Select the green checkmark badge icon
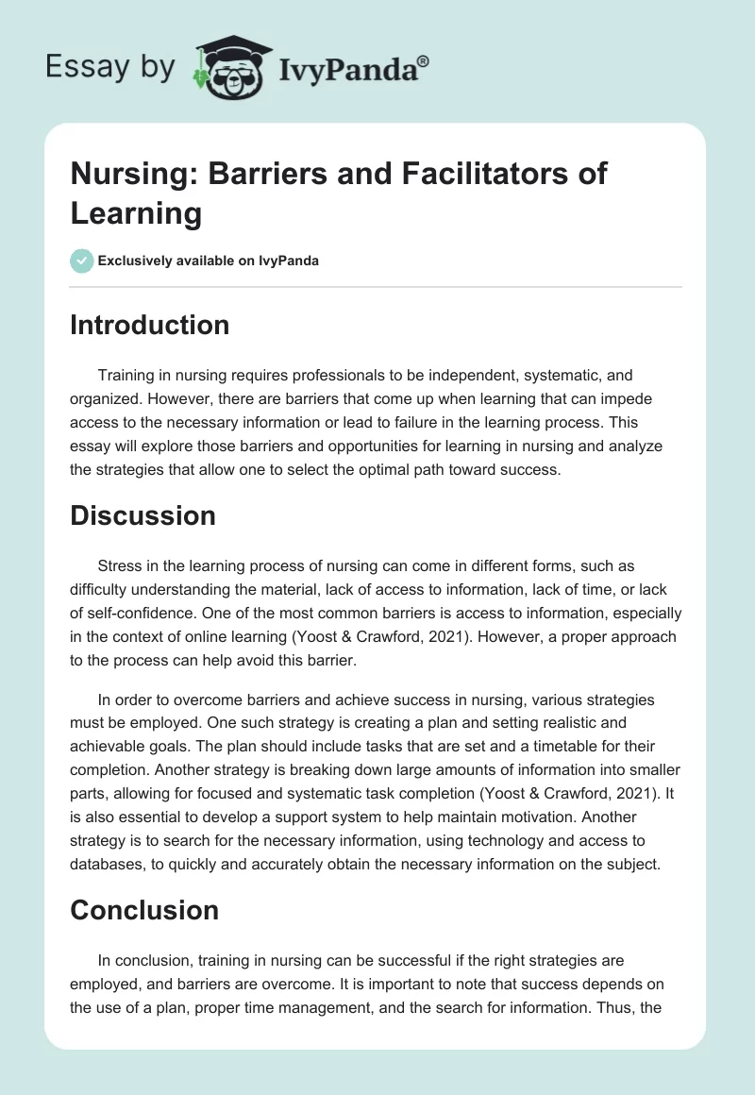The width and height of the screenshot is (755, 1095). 82,261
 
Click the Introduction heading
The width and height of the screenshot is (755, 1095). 150,325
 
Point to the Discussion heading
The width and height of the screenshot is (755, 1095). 143,515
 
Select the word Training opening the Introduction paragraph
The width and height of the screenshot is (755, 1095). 128,375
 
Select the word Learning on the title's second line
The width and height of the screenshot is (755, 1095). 136,213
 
